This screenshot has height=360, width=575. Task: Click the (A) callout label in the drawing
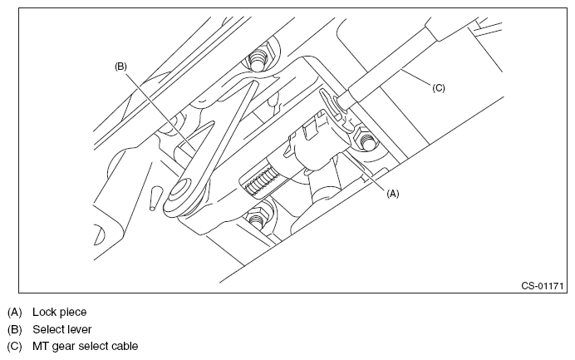pos(393,193)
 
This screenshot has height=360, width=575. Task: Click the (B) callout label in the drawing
pos(120,64)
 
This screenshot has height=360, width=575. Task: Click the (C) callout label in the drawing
pos(439,86)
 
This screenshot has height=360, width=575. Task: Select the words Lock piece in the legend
pos(60,313)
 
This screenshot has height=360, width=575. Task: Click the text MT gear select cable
pos(86,346)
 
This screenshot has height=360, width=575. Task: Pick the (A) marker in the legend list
pos(15,313)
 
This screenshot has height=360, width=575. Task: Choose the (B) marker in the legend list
pos(15,329)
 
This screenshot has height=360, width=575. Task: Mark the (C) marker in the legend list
pos(15,346)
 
